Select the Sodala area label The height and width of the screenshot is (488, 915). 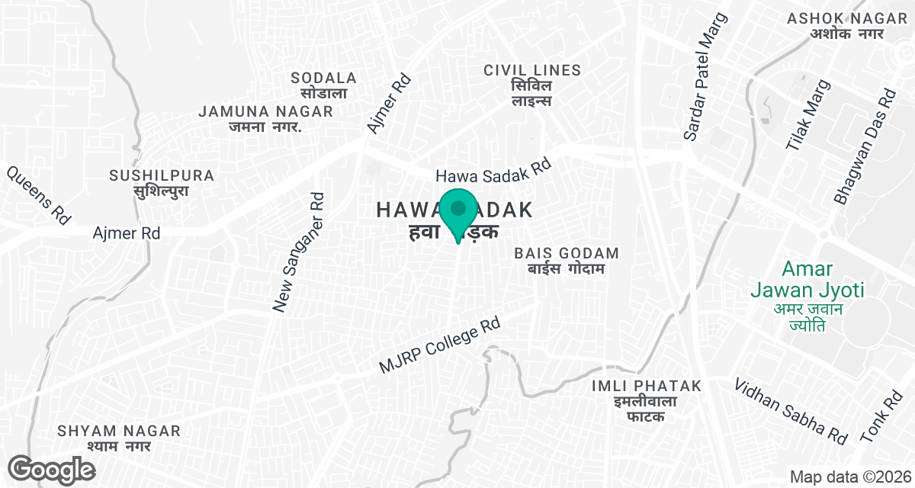[x=324, y=85]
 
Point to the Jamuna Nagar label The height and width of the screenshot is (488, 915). [x=265, y=119]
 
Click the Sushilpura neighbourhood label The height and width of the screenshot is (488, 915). [x=162, y=183]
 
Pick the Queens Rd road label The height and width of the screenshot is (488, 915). [x=38, y=195]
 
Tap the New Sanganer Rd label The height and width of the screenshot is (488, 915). [x=299, y=252]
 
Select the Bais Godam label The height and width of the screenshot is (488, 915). [x=567, y=260]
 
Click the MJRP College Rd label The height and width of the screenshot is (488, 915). [x=439, y=346]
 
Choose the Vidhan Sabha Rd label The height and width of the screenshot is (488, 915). [x=791, y=410]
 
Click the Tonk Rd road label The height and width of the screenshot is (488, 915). [x=881, y=419]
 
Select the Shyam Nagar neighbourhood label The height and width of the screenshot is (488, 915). [x=119, y=438]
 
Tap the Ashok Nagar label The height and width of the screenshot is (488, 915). [x=836, y=25]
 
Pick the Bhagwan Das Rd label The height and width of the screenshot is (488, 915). [x=865, y=149]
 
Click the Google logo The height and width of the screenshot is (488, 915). [x=51, y=469]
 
